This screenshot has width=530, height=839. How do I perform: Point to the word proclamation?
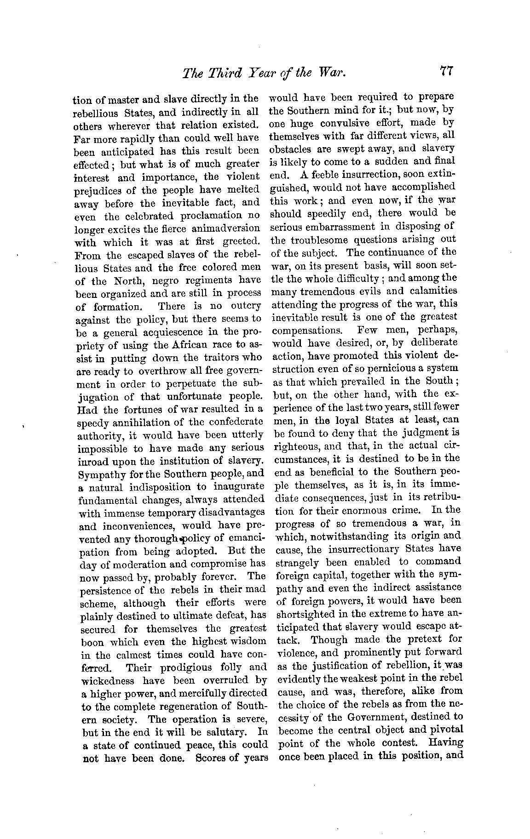click(x=196, y=216)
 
